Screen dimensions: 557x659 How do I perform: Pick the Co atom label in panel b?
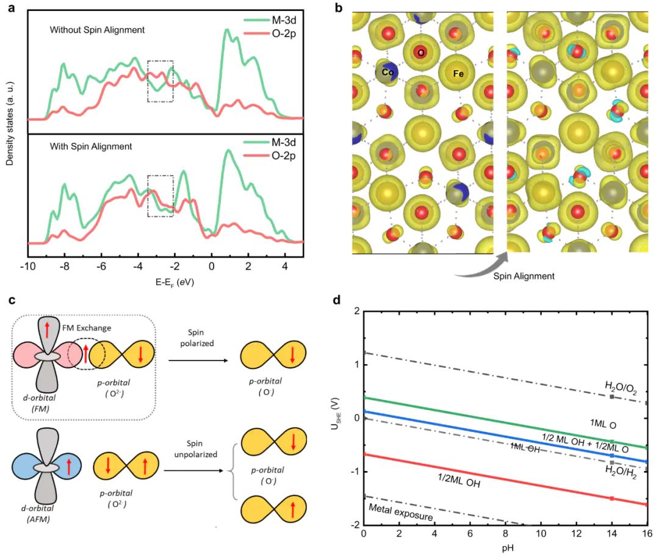[x=386, y=72]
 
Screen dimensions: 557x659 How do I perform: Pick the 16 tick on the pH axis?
[x=647, y=534]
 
